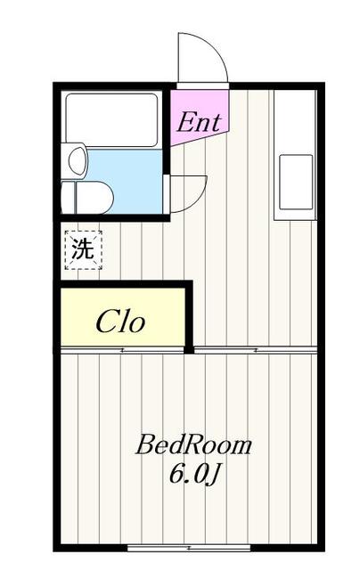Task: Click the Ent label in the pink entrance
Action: pos(199,123)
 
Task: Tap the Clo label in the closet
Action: pos(120,322)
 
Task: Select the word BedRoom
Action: pos(194,445)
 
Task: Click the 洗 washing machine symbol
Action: pos(83,249)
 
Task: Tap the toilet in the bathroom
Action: pos(87,198)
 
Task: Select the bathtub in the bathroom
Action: pos(111,120)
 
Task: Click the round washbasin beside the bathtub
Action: pos(78,160)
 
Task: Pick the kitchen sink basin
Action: pos(296,182)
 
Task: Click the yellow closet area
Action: pos(123,317)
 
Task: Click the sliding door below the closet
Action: pos(122,350)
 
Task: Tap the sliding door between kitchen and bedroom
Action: pos(256,350)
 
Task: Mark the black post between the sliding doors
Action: pos(189,350)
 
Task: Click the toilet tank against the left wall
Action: pos(68,198)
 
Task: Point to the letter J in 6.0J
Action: pos(214,475)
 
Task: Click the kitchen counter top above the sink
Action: pos(295,122)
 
